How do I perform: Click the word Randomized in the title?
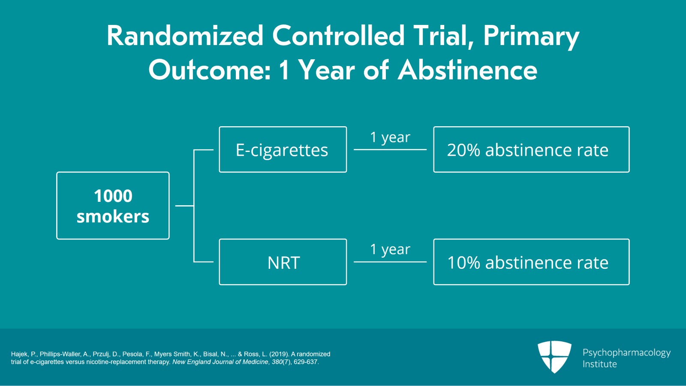tap(185, 36)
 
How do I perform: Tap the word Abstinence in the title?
tap(467, 70)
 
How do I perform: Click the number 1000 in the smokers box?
tap(113, 196)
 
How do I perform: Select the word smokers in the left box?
tap(113, 217)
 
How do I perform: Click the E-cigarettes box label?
tap(282, 150)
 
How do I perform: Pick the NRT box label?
tap(283, 263)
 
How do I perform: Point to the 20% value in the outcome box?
tap(463, 150)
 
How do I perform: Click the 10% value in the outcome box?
tap(463, 263)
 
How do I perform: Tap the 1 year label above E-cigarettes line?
tap(390, 137)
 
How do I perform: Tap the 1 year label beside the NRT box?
tap(390, 249)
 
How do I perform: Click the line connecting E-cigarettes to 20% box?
tap(390, 149)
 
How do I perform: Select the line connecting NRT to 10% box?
tap(390, 262)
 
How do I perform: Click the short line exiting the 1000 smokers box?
tap(184, 206)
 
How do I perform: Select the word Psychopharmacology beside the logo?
tap(626, 353)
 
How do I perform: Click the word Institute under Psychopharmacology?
tap(599, 365)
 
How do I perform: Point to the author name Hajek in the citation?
tap(19, 354)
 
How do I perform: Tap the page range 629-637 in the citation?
tap(305, 362)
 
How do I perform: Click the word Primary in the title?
tap(531, 36)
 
